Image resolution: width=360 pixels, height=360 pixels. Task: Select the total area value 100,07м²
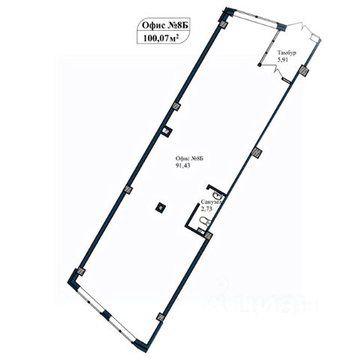point(161,38)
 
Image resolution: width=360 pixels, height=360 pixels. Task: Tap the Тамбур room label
point(286,53)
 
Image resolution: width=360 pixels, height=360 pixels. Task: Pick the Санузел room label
point(211,202)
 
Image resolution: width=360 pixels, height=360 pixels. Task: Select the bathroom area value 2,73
point(207,209)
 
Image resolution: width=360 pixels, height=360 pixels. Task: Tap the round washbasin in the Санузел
point(217,193)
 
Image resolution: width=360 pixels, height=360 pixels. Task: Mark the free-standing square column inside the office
point(160,207)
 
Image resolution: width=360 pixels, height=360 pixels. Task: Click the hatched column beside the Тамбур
point(304,70)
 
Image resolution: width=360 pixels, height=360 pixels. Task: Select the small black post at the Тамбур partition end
point(259,65)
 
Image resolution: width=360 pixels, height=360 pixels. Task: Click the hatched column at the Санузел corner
point(208,235)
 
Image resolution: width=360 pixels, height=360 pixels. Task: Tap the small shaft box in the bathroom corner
point(200,231)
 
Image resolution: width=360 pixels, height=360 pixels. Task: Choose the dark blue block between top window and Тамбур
point(280,26)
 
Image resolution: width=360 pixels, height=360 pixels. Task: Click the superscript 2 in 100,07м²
point(177,36)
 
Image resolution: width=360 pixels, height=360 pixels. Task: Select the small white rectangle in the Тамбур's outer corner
point(313,37)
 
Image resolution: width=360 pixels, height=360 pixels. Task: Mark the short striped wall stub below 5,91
point(286,80)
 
